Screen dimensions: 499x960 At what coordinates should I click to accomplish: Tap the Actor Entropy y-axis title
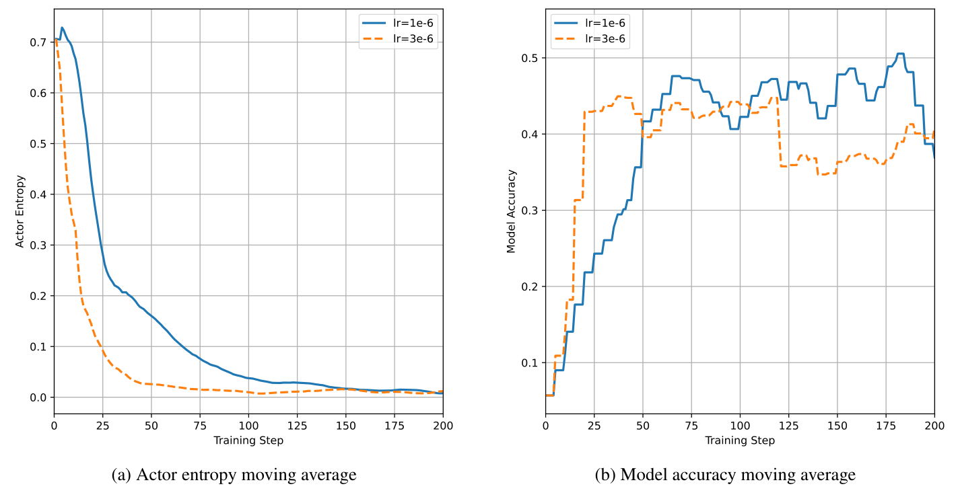click(x=20, y=212)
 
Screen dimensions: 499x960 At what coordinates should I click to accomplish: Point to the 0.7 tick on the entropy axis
click(x=38, y=42)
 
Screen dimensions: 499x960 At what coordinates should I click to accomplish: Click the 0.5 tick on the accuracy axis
click(x=529, y=59)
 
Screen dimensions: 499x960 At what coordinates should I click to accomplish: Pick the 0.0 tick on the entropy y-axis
click(x=38, y=397)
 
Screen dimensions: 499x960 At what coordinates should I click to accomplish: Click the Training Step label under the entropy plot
click(x=248, y=440)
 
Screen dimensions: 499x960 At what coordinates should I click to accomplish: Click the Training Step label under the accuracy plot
click(x=740, y=440)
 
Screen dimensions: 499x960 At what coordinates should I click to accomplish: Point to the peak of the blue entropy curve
click(x=62, y=28)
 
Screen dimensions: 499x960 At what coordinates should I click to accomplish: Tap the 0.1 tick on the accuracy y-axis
click(x=529, y=363)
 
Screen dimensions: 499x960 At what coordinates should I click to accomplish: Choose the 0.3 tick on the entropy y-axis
click(x=38, y=245)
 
